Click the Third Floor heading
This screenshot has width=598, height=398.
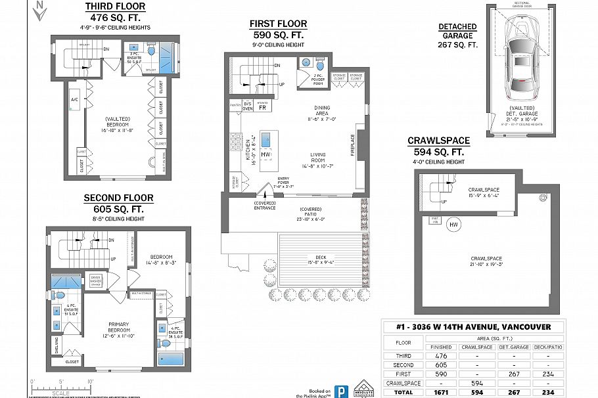tap(116, 7)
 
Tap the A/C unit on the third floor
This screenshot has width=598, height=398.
tap(74, 100)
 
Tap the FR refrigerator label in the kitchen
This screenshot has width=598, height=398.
tap(262, 108)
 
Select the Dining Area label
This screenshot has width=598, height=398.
tap(321, 114)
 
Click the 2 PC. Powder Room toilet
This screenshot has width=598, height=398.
tap(320, 66)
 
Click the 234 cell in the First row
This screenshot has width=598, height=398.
tap(548, 373)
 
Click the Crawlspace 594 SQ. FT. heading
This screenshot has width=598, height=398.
tap(439, 146)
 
